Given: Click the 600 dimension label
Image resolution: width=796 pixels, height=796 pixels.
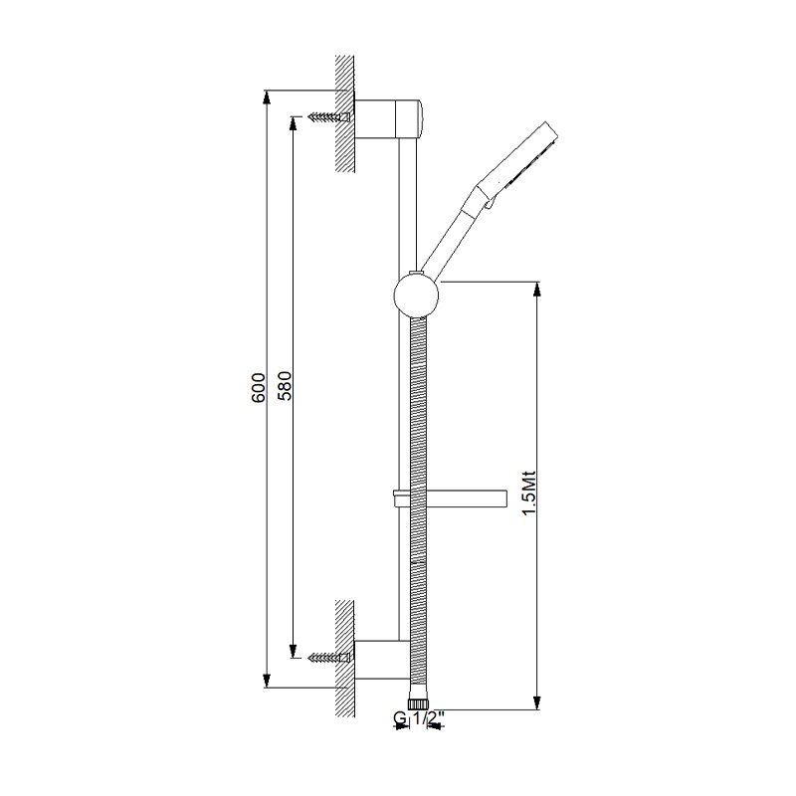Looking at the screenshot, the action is [x=259, y=388].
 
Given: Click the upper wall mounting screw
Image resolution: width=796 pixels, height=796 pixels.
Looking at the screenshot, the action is [x=329, y=116].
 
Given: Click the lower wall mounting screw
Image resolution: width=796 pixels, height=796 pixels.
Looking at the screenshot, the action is [x=329, y=658].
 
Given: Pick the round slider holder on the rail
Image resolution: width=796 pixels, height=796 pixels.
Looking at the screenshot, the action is [x=416, y=296].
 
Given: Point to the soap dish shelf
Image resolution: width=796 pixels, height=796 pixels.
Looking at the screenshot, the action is [x=450, y=498].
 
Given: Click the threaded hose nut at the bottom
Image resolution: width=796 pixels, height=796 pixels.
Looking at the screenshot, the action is [x=419, y=702].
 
